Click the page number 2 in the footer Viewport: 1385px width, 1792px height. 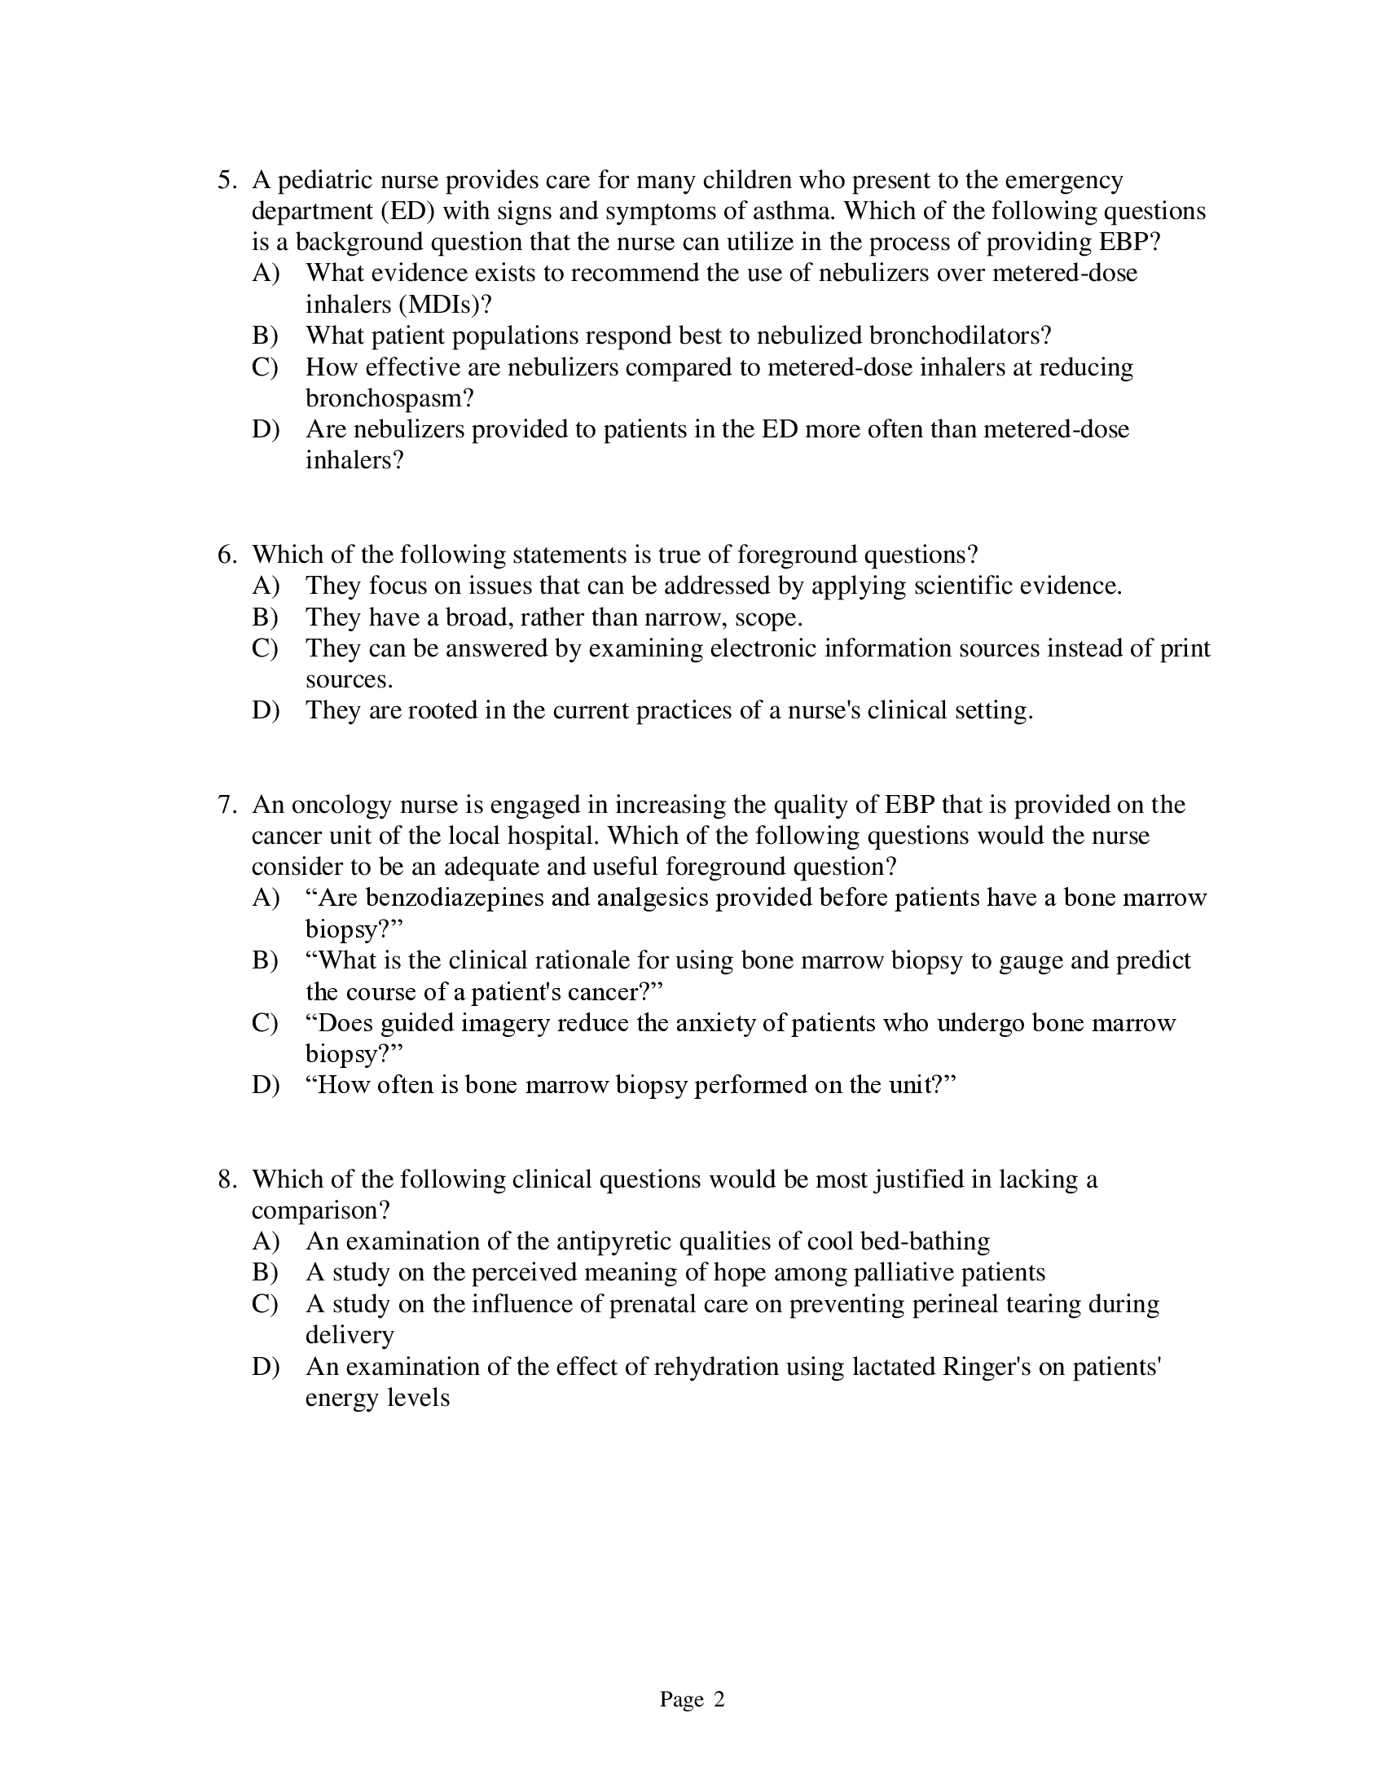pos(719,1699)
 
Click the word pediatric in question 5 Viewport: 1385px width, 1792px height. pos(326,180)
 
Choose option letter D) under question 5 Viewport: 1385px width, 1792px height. pos(265,429)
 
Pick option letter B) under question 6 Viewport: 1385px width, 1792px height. pos(265,617)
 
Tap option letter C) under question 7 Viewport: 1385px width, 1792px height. pos(265,1023)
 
